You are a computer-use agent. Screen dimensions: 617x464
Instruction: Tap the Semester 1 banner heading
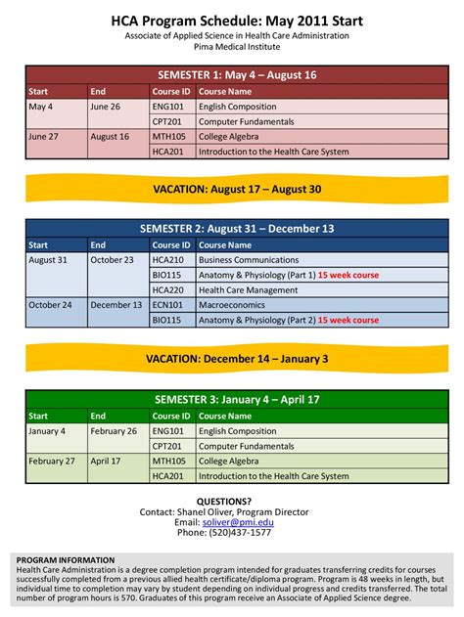click(237, 75)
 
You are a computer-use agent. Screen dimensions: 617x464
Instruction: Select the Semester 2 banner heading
click(237, 229)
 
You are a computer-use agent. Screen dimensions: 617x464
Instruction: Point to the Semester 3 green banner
click(237, 399)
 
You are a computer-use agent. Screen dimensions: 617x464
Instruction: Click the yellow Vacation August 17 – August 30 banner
click(237, 189)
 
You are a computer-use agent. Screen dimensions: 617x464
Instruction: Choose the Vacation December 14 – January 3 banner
click(237, 359)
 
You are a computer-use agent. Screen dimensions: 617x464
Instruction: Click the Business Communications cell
click(248, 260)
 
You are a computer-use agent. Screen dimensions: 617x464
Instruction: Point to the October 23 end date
click(112, 260)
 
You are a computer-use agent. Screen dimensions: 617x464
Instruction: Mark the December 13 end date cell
click(116, 304)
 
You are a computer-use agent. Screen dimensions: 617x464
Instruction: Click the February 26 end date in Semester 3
click(114, 431)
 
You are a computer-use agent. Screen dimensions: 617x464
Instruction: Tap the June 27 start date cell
click(45, 137)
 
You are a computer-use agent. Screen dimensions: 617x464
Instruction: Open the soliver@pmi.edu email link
click(238, 522)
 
